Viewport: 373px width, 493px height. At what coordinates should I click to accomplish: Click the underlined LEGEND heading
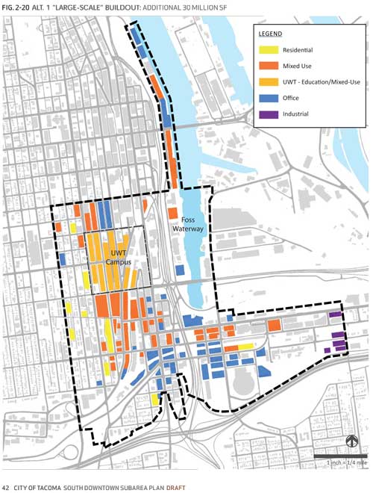click(270, 34)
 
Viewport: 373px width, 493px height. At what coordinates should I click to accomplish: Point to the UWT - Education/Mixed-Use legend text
click(316, 82)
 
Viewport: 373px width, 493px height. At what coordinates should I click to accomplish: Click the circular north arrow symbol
click(351, 441)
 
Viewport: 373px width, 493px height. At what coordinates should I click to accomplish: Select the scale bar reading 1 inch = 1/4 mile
click(339, 456)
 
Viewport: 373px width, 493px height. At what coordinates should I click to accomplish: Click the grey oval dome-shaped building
click(245, 383)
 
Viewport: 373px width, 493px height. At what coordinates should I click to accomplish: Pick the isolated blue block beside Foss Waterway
click(180, 270)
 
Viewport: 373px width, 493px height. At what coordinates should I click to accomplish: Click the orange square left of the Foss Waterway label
click(173, 213)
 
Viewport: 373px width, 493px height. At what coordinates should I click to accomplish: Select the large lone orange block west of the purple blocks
click(274, 325)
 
